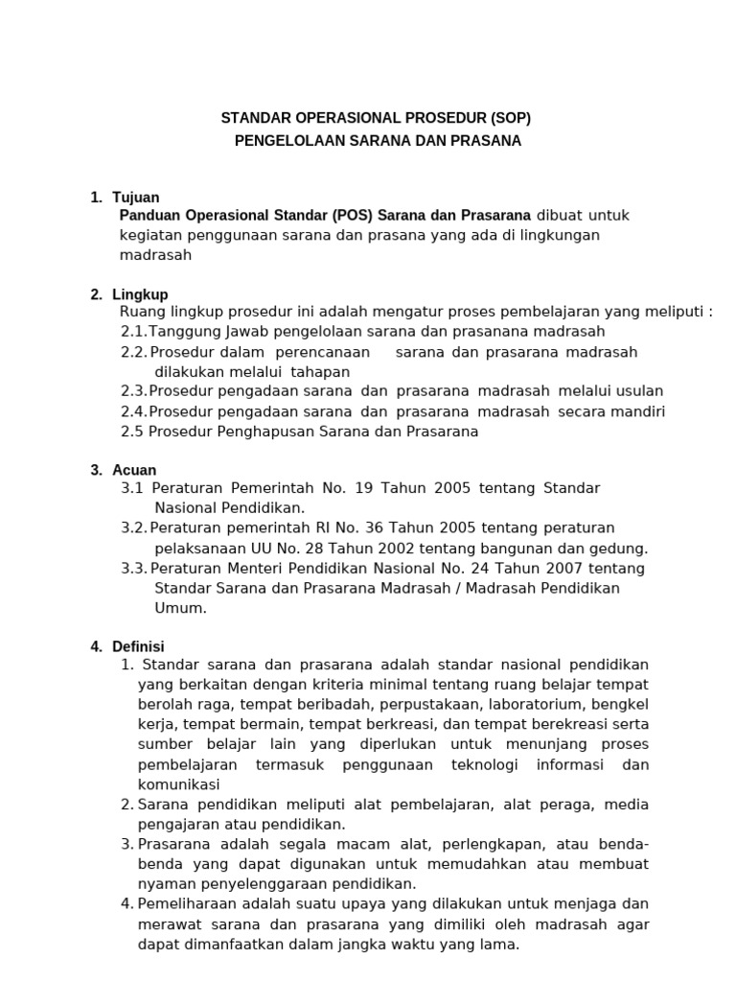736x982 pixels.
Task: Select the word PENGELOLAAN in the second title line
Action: click(x=288, y=141)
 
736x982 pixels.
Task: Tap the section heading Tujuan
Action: click(x=135, y=198)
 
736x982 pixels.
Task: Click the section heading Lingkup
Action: click(x=140, y=294)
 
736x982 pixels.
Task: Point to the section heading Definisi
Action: click(x=138, y=646)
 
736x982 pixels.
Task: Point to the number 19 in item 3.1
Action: click(x=362, y=488)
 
